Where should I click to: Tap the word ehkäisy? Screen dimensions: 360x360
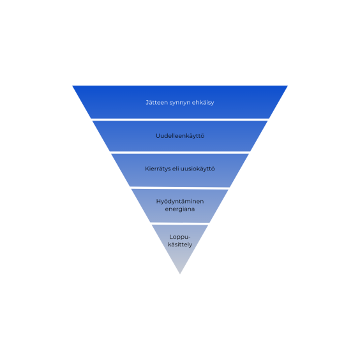coord(203,103)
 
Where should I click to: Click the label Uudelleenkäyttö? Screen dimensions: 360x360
coord(180,136)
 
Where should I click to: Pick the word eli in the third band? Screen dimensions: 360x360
coord(176,169)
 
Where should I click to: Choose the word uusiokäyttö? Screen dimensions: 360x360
coord(198,169)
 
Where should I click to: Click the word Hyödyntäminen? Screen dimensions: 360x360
coord(180,202)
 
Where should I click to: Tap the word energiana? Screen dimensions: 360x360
coord(180,209)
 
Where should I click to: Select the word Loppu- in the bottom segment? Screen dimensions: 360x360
coord(180,237)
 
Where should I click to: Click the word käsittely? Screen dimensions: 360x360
coord(180,244)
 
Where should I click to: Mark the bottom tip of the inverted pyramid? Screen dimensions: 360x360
coord(180,274)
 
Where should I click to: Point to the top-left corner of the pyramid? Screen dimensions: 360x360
coord(72,86)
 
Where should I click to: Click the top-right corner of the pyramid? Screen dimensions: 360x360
coord(288,86)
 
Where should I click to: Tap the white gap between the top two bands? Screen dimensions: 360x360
coord(180,119)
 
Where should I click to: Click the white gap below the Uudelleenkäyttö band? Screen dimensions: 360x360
coord(180,153)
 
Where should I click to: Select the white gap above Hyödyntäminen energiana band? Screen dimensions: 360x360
coord(180,188)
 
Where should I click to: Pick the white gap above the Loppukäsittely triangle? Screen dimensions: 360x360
coord(180,223)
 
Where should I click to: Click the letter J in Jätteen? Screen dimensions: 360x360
coord(147,103)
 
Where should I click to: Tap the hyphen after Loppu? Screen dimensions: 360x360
coord(190,237)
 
